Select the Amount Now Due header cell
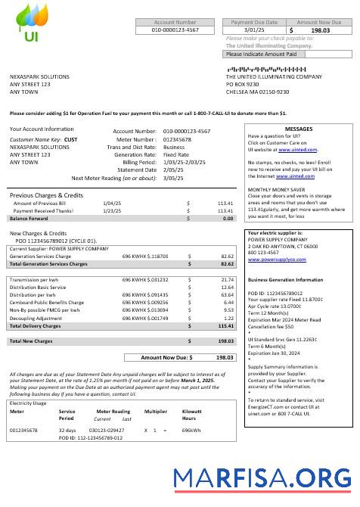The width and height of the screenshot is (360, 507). [318, 23]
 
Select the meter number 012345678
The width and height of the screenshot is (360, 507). [178, 139]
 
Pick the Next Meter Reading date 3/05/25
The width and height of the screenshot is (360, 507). [173, 178]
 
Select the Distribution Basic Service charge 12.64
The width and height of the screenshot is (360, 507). [226, 288]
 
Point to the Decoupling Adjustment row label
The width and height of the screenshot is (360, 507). [36, 319]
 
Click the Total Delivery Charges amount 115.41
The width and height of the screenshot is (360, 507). [225, 326]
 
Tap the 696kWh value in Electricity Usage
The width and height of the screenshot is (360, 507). [191, 430]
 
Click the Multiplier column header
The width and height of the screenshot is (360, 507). [155, 412]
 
